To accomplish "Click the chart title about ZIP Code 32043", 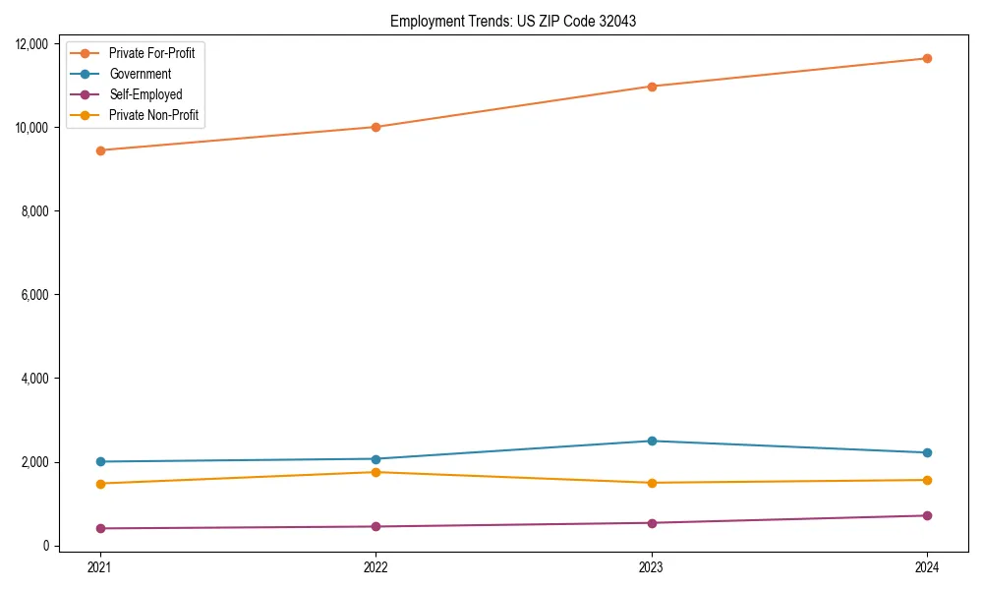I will tap(512, 21).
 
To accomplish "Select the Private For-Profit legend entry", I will tap(151, 53).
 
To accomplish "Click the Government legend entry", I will tap(140, 74).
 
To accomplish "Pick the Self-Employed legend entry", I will tap(145, 95).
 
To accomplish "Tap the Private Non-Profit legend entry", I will tap(153, 116).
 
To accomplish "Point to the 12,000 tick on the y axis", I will tap(34, 43).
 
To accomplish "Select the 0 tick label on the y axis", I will tap(47, 546).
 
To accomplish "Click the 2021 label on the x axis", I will tap(99, 567).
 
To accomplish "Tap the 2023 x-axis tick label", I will tap(651, 567).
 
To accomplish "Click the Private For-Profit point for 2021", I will tap(99, 150).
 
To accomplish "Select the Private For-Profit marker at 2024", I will tap(927, 58).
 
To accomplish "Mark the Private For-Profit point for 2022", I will tap(376, 127).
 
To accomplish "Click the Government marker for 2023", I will tap(651, 441).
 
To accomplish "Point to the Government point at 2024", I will tap(927, 452).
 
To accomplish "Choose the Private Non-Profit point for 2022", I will tap(376, 472).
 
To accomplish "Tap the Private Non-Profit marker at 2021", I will tap(99, 484).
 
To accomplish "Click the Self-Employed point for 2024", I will tap(927, 515).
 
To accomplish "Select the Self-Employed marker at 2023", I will tap(651, 523).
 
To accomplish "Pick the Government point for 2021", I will tap(99, 461).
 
